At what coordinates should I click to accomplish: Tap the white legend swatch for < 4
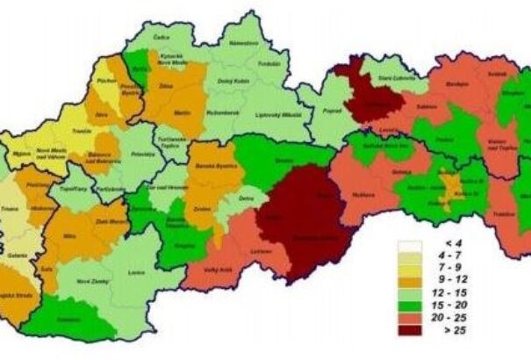(410, 246)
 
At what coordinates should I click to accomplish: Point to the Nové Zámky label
(89, 280)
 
